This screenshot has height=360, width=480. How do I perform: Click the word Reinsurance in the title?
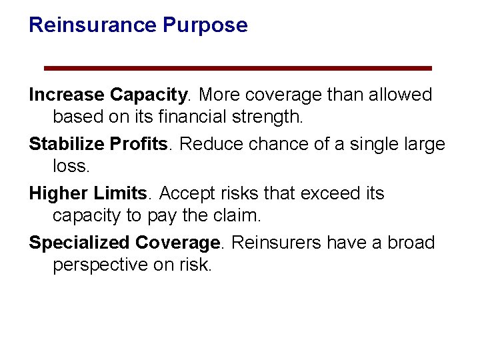tap(93, 25)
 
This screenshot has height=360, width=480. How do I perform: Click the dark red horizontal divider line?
tap(237, 68)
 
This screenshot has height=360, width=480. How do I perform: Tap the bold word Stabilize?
tap(65, 145)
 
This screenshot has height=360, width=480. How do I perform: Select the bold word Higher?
tap(58, 193)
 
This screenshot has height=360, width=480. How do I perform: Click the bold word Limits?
tap(120, 193)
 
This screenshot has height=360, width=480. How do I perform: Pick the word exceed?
tap(329, 193)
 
